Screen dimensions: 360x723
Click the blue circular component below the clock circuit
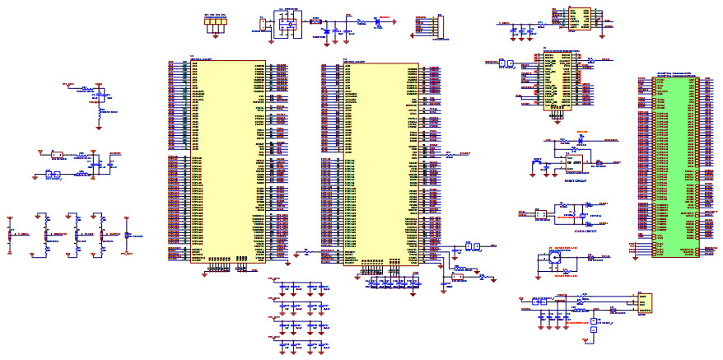coord(555,257)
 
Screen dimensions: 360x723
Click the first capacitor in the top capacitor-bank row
coord(282,288)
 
